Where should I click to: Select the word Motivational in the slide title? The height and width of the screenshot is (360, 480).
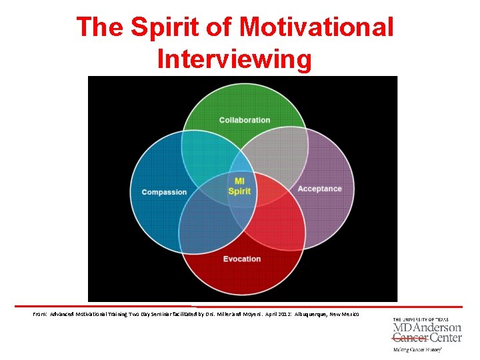pyautogui.click(x=317, y=27)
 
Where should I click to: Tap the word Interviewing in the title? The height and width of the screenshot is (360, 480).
pyautogui.click(x=235, y=59)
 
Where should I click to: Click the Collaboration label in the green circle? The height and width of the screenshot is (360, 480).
pyautogui.click(x=245, y=120)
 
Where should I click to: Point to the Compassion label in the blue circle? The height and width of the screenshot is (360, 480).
pyautogui.click(x=164, y=193)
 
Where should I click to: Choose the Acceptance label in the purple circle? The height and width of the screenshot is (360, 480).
pyautogui.click(x=319, y=189)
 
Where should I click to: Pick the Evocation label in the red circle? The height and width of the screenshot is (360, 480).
pyautogui.click(x=242, y=259)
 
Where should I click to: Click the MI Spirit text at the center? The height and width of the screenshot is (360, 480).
pyautogui.click(x=239, y=186)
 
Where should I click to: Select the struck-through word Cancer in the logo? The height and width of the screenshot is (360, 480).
pyautogui.click(x=408, y=337)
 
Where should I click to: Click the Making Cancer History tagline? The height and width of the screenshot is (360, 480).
pyautogui.click(x=418, y=349)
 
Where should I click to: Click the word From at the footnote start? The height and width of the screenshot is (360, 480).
pyautogui.click(x=39, y=313)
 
